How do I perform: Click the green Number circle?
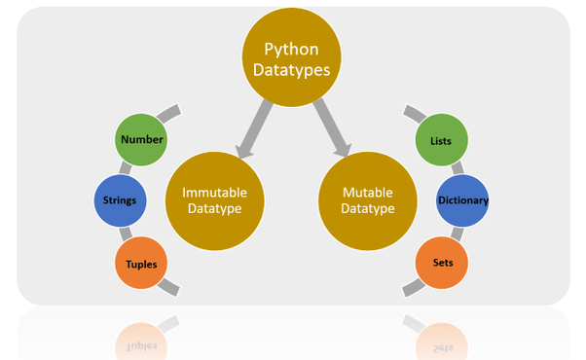pyautogui.click(x=141, y=140)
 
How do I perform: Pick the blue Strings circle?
pyautogui.click(x=121, y=200)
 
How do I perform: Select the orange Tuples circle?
pyautogui.click(x=141, y=263)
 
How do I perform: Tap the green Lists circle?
pyautogui.click(x=440, y=140)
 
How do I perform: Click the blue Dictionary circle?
pyautogui.click(x=462, y=200)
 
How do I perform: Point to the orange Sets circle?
pyautogui.click(x=440, y=263)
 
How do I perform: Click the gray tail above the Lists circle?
pyautogui.click(x=415, y=113)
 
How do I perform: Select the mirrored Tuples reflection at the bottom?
pyautogui.click(x=141, y=337)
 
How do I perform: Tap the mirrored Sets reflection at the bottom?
pyautogui.click(x=440, y=337)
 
